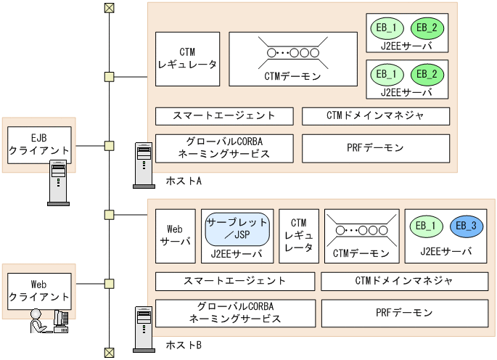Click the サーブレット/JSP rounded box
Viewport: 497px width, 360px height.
(237, 228)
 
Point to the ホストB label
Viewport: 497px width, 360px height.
(184, 344)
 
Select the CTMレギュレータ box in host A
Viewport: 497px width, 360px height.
(187, 59)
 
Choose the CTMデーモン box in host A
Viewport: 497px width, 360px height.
(293, 59)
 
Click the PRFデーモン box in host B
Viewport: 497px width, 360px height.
(403, 313)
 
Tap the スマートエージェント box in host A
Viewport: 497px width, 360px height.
(224, 116)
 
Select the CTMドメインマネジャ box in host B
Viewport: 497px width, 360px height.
(403, 281)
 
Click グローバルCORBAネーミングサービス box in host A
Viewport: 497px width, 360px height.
(224, 148)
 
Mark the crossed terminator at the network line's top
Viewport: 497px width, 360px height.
(109, 8)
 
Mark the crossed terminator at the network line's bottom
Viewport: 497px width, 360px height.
(109, 353)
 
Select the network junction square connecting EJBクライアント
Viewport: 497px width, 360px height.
(109, 146)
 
